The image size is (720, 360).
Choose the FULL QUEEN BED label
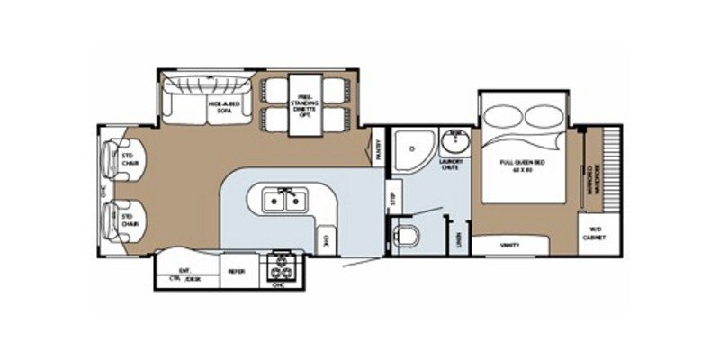(517, 163)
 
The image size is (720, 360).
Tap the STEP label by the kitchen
(391, 199)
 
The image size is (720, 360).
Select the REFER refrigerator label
(236, 270)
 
